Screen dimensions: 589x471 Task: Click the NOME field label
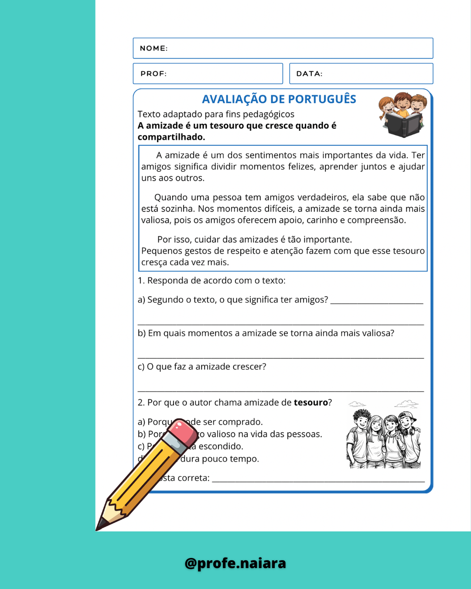[x=154, y=48]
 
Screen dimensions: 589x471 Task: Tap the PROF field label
[x=154, y=74]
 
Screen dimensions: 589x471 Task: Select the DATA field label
[x=309, y=74]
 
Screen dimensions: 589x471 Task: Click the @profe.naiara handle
[x=235, y=563]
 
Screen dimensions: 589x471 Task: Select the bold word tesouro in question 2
[x=311, y=403]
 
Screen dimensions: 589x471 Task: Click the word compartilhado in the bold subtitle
[x=171, y=137]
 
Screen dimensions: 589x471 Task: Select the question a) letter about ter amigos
[x=141, y=300]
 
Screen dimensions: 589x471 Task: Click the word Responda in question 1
[x=165, y=281]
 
